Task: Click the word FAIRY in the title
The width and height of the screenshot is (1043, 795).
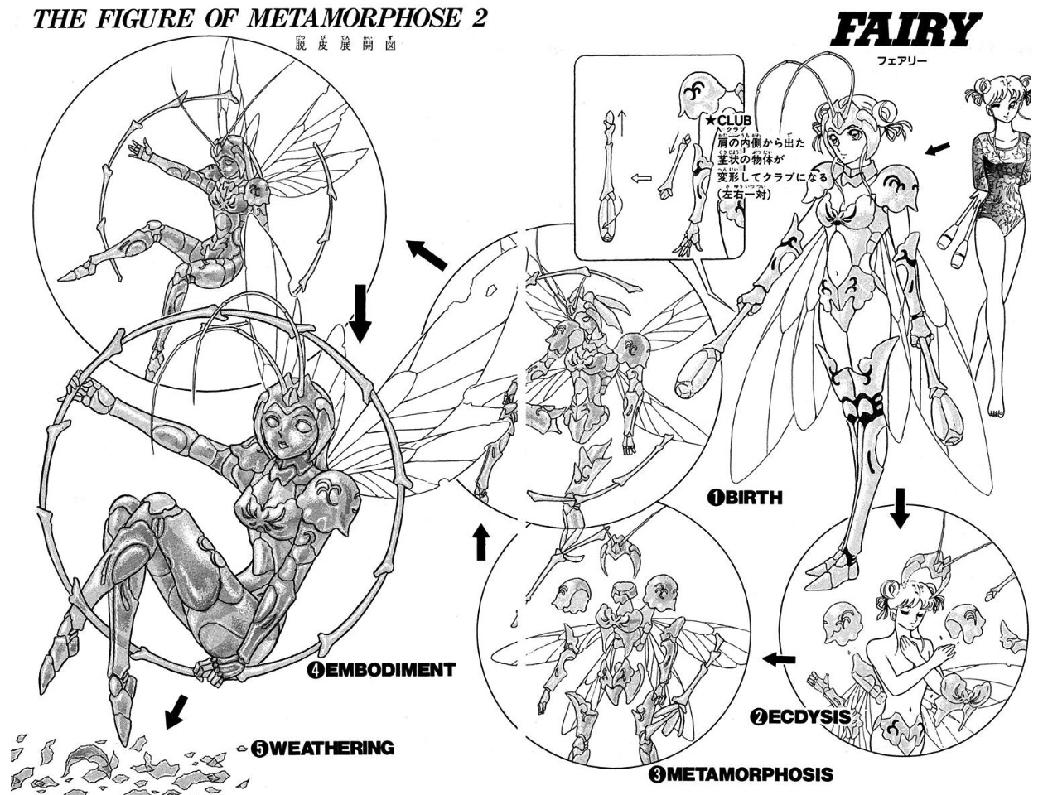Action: (904, 31)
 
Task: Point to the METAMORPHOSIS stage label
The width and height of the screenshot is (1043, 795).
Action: (740, 775)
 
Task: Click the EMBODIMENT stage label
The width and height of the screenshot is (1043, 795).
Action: (380, 670)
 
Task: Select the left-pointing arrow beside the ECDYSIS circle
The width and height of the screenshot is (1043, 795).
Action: (779, 658)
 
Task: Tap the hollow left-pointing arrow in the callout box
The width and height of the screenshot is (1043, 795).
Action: (640, 177)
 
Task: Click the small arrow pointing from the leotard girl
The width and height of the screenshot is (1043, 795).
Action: (937, 148)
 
